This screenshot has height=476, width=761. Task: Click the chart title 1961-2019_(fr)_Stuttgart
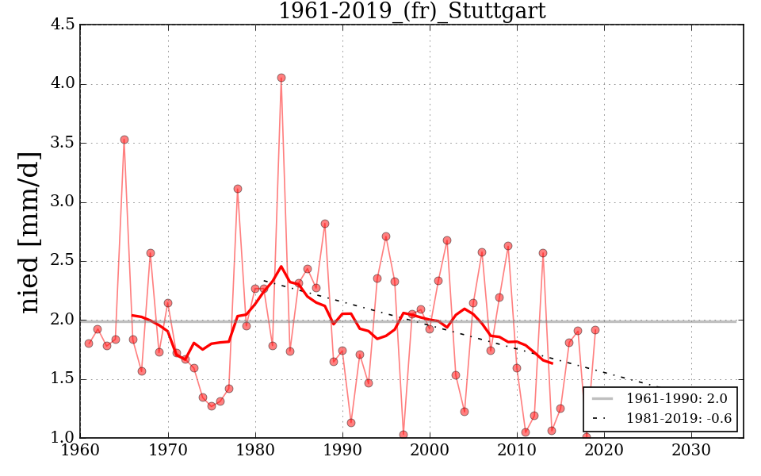pos(411,11)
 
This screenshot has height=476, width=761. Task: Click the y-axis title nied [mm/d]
pos(29,232)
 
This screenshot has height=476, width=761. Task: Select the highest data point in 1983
pos(281,78)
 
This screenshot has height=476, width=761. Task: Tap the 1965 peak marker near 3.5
pos(124,140)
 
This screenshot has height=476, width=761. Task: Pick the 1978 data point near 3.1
pos(238,189)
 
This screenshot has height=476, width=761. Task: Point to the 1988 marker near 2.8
pos(325,224)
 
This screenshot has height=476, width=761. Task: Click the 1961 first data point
pos(89,344)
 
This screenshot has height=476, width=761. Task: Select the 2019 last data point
pos(595,330)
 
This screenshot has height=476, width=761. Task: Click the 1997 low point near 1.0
pos(403,435)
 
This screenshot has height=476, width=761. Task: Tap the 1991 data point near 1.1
pos(351,423)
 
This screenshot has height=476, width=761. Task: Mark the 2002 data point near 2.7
pos(447,240)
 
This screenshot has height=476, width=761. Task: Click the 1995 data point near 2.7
pos(386,236)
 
